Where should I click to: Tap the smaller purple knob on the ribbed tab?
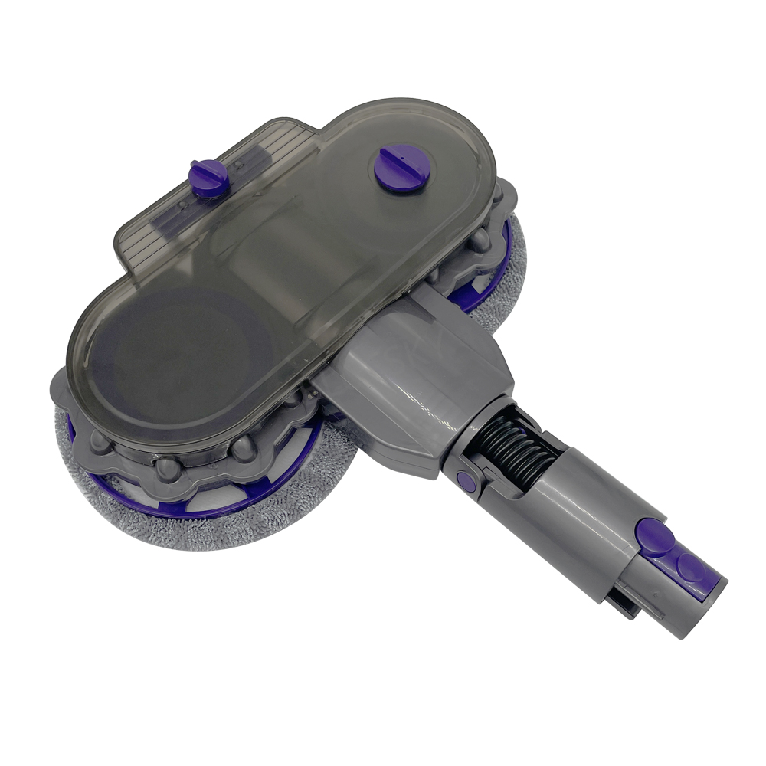pyautogui.click(x=209, y=177)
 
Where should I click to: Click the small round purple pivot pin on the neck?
pyautogui.click(x=464, y=481)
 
